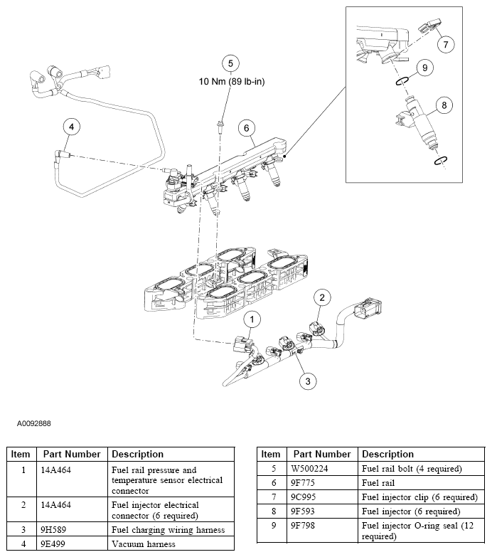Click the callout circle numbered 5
click(229, 63)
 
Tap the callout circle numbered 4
click(70, 127)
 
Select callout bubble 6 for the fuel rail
click(246, 128)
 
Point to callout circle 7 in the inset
click(445, 44)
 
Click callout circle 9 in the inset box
click(424, 68)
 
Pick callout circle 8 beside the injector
click(444, 106)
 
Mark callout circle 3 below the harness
click(306, 381)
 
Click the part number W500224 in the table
click(312, 469)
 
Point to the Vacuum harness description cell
click(142, 544)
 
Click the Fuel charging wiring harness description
click(168, 530)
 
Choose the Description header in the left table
click(138, 454)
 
